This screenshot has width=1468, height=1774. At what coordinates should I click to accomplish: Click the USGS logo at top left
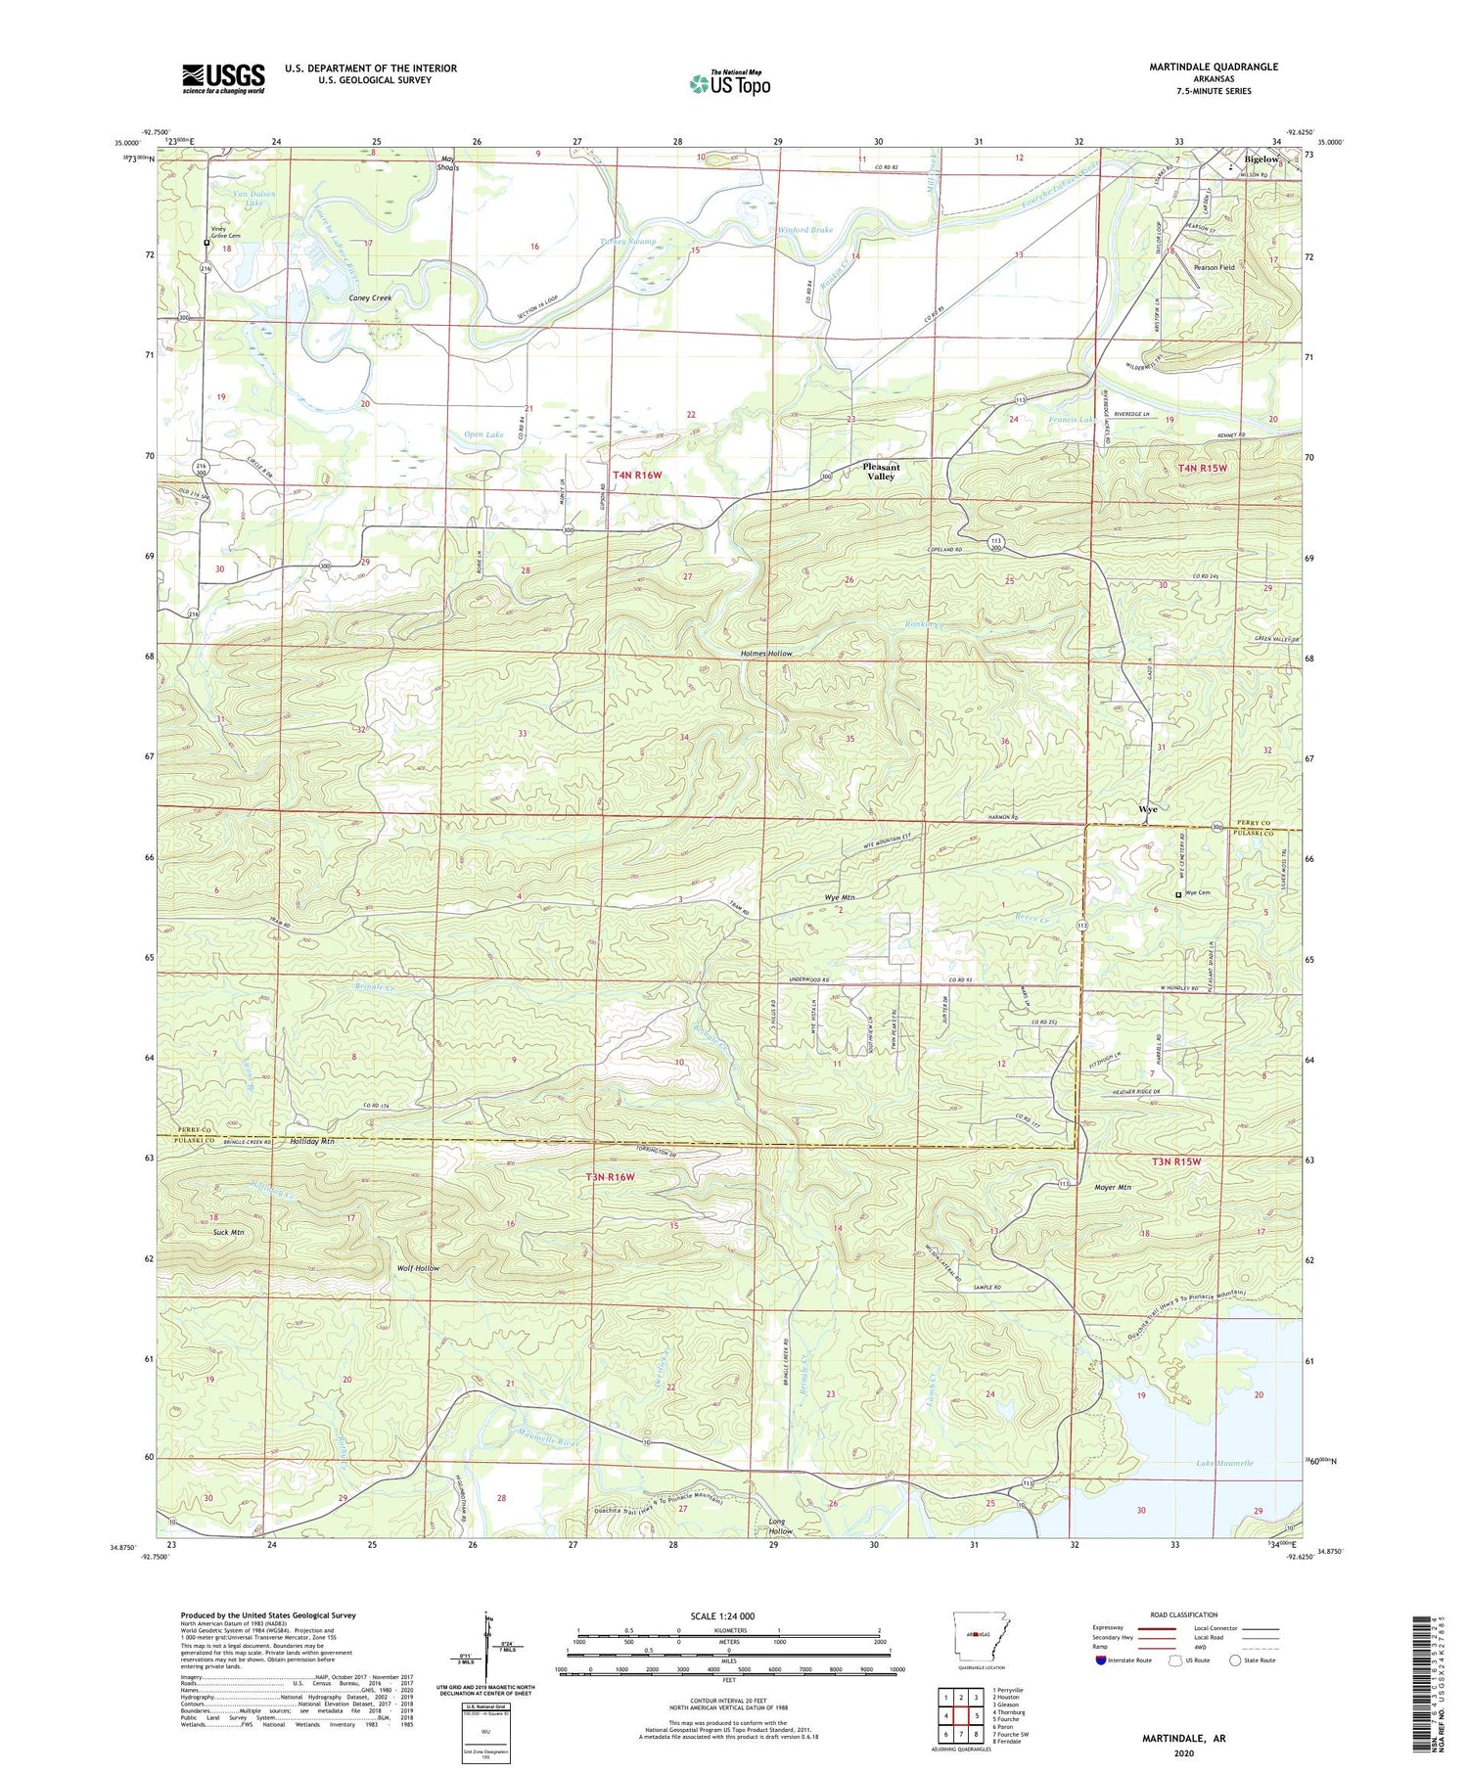point(223,78)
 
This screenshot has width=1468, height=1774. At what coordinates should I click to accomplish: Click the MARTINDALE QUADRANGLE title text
point(1200,67)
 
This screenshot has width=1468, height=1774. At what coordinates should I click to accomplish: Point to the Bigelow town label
point(1262,159)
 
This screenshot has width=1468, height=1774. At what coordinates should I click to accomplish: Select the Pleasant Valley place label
point(881,471)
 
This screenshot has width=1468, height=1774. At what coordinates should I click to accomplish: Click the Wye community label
point(1148,809)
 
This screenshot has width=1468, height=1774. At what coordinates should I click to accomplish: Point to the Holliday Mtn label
point(312,1142)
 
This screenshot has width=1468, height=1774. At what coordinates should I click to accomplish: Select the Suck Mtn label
point(228,1232)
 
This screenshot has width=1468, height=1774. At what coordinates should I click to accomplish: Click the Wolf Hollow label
point(418,1268)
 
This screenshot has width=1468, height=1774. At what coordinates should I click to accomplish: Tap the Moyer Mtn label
point(1112,1188)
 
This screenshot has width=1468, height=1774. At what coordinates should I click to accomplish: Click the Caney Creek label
point(371,297)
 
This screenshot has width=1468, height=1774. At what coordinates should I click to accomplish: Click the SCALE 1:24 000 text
point(728,1615)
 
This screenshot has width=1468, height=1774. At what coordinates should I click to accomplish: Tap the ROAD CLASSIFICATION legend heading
point(1184,1615)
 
